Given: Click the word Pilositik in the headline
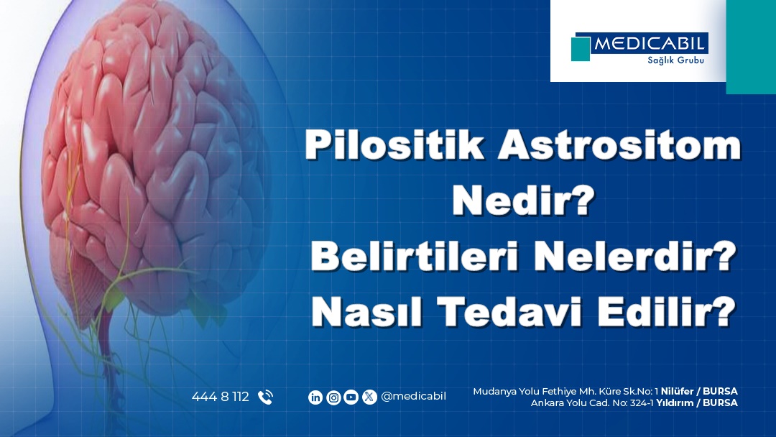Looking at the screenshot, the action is [394, 144].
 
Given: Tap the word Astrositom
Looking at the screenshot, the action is [619, 145].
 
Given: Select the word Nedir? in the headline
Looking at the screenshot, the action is [523, 201].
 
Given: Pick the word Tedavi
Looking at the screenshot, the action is [509, 311].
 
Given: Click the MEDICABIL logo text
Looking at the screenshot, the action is [650, 44].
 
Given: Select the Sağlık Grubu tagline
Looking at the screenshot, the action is [675, 60].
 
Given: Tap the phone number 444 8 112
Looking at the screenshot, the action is [221, 397].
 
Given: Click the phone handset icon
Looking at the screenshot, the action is [265, 397].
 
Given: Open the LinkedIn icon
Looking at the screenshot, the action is [315, 397].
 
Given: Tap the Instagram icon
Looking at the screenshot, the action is [333, 397].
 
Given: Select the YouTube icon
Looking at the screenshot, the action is [351, 397].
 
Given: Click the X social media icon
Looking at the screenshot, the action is [369, 397].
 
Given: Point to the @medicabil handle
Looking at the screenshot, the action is [413, 397].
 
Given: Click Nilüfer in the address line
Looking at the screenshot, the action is [677, 392].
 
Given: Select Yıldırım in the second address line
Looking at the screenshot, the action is [674, 402].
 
